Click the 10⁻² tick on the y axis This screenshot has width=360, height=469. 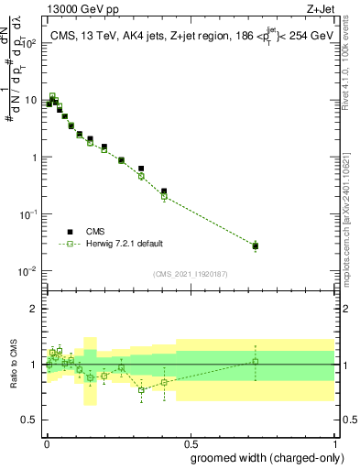point(31,271)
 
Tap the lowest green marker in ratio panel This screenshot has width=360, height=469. point(141,390)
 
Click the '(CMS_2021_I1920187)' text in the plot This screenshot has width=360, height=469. point(191,274)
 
